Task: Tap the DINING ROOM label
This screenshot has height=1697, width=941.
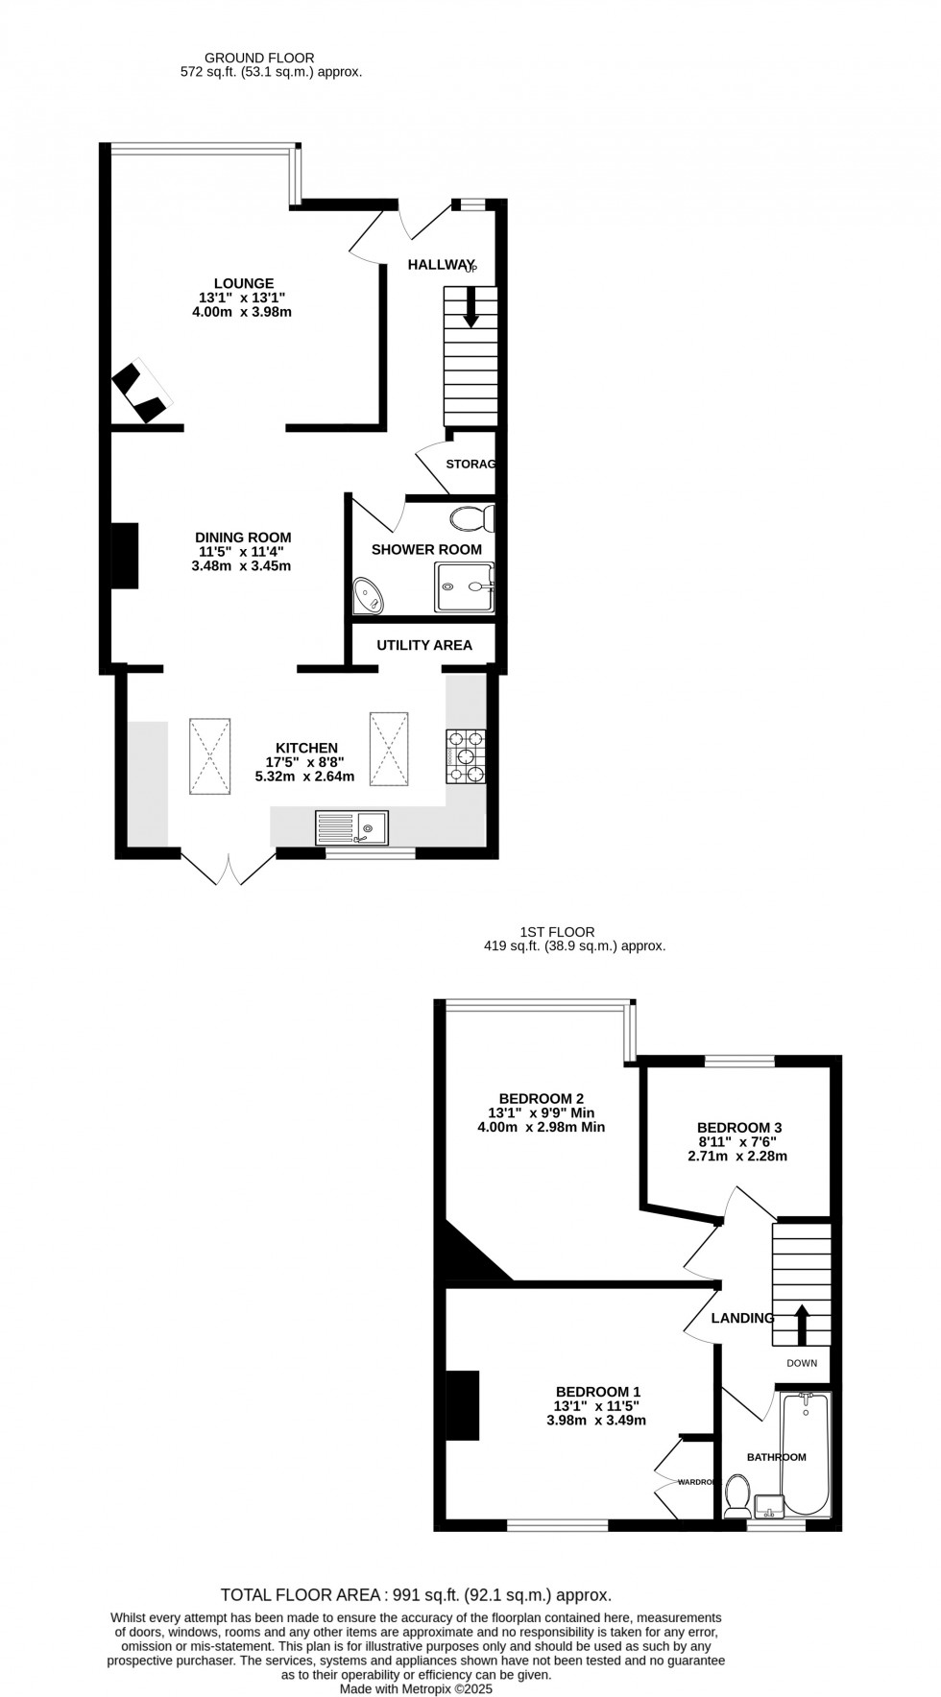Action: coord(243,538)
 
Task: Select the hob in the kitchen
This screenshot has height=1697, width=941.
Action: coord(466,755)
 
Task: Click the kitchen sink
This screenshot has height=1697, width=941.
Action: coord(351,827)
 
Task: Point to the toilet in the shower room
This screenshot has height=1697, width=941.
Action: coord(471,518)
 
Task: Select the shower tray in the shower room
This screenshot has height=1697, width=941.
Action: coord(466,586)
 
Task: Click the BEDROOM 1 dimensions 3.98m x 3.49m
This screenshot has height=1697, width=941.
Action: coord(598,1421)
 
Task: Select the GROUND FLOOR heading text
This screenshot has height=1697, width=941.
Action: coord(260,59)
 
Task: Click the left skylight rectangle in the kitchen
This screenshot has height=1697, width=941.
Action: coord(209,755)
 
